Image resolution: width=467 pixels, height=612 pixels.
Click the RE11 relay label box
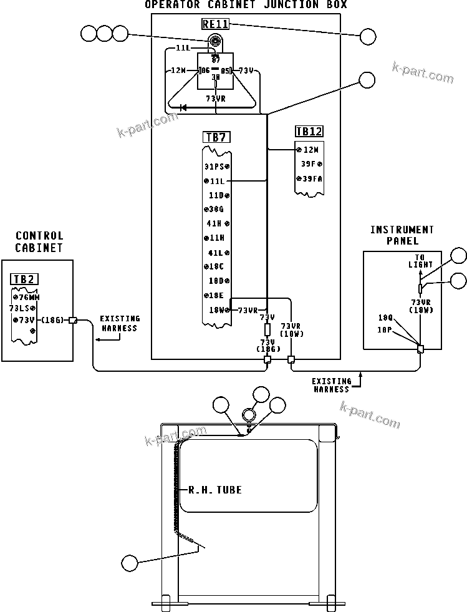215,25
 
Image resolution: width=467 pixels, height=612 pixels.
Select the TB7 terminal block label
215,137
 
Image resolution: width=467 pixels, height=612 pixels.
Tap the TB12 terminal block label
309,132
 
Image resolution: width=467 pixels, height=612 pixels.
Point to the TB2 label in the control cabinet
24,279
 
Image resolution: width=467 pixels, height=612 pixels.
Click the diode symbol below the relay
183,107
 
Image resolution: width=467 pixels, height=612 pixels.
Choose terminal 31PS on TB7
217,167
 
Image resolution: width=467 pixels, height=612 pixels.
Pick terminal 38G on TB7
216,209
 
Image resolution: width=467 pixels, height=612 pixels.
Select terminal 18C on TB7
216,266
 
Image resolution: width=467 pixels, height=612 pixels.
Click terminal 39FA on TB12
309,179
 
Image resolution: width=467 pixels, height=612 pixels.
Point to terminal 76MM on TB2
26,298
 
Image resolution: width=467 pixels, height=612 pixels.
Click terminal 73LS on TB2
22,308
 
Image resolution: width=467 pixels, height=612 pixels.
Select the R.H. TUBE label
215,490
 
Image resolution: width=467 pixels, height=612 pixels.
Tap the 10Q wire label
385,318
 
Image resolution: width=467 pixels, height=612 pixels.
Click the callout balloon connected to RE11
368,37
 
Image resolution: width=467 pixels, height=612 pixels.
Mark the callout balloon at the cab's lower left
130,563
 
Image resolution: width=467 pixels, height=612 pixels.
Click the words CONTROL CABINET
39,241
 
